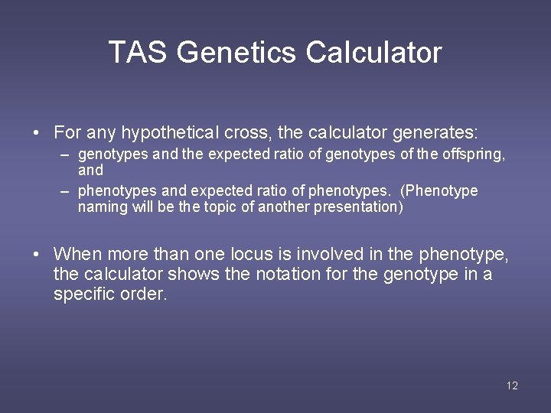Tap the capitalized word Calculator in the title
pyautogui.click(x=373, y=53)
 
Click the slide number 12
pyautogui.click(x=512, y=385)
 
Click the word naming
pyautogui.click(x=103, y=206)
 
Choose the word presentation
pyautogui.click(x=358, y=206)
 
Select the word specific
pyautogui.click(x=83, y=294)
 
